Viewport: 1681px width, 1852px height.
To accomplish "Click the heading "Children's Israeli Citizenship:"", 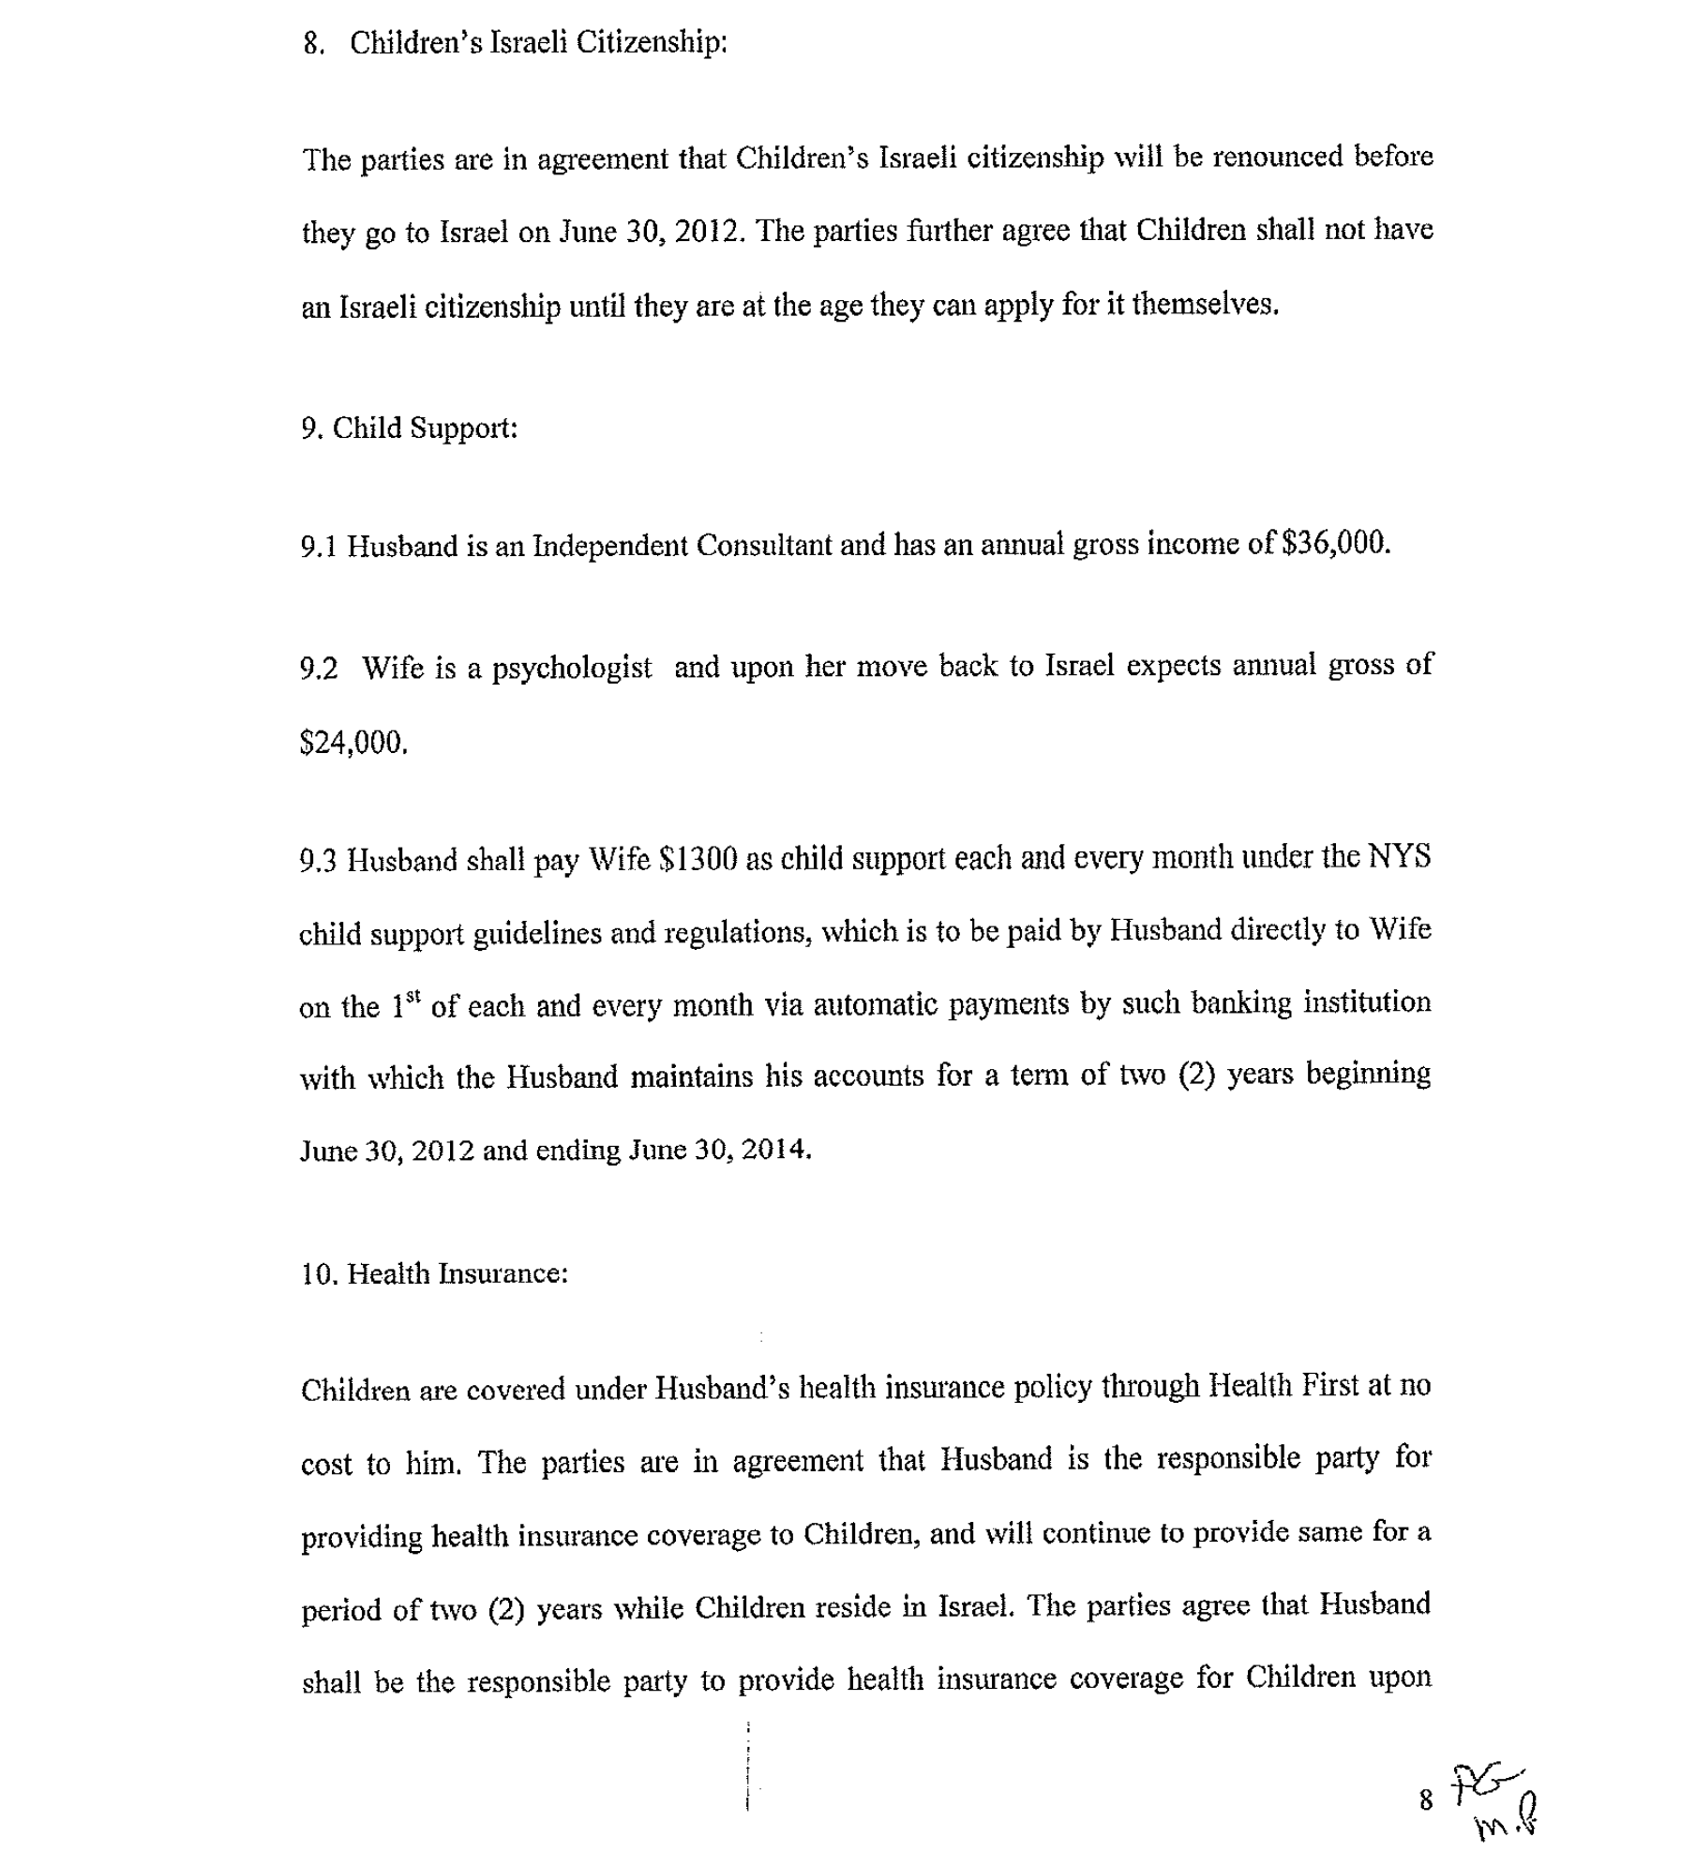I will (x=538, y=42).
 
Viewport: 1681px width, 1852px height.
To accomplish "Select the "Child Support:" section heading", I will (x=425, y=429).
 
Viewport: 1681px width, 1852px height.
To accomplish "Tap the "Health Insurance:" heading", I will (x=458, y=1273).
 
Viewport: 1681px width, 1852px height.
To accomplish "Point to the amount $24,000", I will (x=353, y=743).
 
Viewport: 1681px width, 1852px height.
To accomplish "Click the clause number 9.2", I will (x=319, y=669).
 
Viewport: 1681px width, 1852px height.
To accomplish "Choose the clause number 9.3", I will (x=318, y=861).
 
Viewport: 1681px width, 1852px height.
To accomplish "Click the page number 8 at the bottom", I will (x=1426, y=1799).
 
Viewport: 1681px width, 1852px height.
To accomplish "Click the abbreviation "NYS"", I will (x=1399, y=857).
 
